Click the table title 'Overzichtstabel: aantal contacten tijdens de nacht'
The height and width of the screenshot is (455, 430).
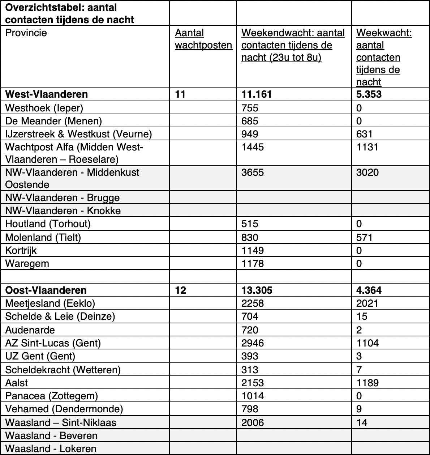(69, 13)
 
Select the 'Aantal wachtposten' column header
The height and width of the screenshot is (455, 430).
(203, 39)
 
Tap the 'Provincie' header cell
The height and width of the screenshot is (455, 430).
(26, 33)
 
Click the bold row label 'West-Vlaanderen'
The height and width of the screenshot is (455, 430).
(46, 94)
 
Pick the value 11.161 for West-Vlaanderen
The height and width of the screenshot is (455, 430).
(257, 94)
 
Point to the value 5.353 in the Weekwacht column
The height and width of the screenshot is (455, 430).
(369, 94)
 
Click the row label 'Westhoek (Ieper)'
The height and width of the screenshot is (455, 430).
(44, 108)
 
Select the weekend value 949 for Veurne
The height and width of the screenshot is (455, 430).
(250, 134)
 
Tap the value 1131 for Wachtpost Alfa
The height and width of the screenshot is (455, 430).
(367, 147)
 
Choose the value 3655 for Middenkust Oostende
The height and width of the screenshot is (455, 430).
(253, 172)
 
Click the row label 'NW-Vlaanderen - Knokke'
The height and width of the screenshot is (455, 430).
(63, 211)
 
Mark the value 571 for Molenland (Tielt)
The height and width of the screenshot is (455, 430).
(364, 237)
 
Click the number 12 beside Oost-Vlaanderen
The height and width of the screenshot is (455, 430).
(180, 290)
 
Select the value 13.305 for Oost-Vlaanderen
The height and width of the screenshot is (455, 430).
(257, 290)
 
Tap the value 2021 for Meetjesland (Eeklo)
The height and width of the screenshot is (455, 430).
(367, 303)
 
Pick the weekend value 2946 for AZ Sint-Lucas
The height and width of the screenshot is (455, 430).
(253, 343)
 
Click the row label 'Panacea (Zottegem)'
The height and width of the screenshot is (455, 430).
(51, 396)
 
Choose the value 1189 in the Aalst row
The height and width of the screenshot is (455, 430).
(367, 383)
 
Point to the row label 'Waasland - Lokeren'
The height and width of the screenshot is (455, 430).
(51, 449)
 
